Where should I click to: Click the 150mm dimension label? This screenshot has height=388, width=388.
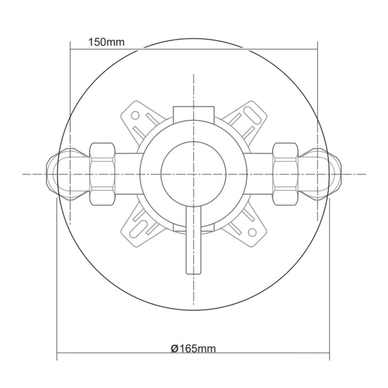point(106,42)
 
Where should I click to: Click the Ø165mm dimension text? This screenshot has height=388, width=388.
point(193,349)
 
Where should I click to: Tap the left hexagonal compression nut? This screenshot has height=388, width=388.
point(103,173)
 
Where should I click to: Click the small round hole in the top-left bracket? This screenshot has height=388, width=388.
point(136,116)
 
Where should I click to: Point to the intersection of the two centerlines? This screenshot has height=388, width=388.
point(193,173)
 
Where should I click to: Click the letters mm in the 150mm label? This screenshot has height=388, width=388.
point(115,42)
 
